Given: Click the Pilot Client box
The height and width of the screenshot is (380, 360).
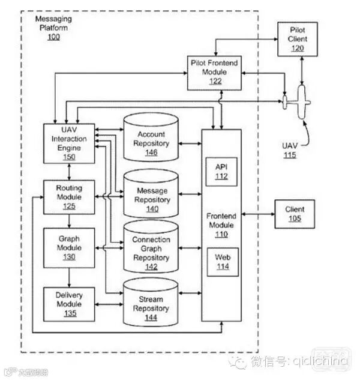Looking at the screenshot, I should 298,39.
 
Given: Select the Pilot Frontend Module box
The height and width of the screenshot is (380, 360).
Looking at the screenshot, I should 215,71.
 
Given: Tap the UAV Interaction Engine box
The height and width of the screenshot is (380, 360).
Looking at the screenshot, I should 70,143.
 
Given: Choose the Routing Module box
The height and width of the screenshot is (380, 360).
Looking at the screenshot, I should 69,197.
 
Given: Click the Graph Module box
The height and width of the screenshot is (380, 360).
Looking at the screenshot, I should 69,247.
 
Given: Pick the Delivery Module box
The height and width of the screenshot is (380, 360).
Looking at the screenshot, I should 69,304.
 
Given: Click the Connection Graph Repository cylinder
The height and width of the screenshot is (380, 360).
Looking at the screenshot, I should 151,247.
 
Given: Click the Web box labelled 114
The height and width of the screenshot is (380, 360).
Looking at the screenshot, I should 223,262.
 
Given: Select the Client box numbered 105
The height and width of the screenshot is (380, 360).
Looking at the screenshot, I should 295,214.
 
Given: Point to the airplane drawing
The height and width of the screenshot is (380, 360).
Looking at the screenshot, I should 298,103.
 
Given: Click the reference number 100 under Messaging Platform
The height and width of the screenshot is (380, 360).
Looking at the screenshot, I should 53,37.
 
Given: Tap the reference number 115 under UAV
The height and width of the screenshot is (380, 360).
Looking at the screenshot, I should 290,155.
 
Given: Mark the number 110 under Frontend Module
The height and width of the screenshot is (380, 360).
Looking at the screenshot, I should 221,235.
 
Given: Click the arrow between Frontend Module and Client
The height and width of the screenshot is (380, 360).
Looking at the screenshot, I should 258,214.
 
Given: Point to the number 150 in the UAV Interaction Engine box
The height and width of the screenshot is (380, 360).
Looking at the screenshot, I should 70,157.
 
